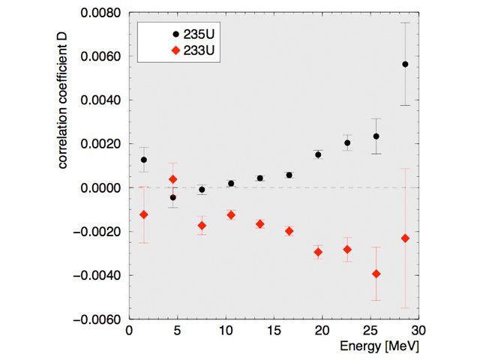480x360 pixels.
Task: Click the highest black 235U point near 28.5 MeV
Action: [405, 64]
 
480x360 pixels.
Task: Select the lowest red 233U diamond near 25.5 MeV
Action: [376, 274]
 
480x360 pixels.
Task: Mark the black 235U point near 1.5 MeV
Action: [144, 160]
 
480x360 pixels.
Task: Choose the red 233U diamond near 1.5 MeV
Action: [144, 214]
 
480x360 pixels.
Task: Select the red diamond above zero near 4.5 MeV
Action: [173, 179]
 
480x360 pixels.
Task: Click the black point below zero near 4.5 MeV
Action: [173, 197]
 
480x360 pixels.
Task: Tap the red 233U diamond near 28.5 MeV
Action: [405, 238]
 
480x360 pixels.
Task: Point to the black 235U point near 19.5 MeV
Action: [318, 154]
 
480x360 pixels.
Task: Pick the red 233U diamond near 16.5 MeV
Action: [289, 231]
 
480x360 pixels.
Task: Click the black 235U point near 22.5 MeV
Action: [347, 142]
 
